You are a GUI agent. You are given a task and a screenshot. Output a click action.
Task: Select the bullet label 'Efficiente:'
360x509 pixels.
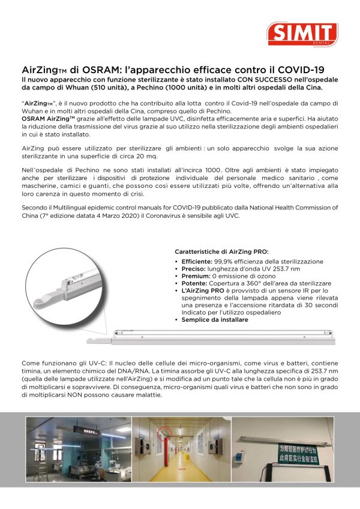196,262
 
